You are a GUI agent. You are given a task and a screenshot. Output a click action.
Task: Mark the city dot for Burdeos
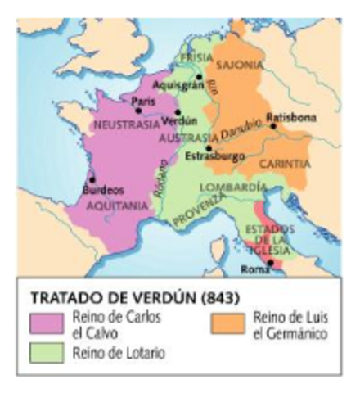tap(92, 179)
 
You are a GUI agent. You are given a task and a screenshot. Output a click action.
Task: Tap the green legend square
tap(43, 351)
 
